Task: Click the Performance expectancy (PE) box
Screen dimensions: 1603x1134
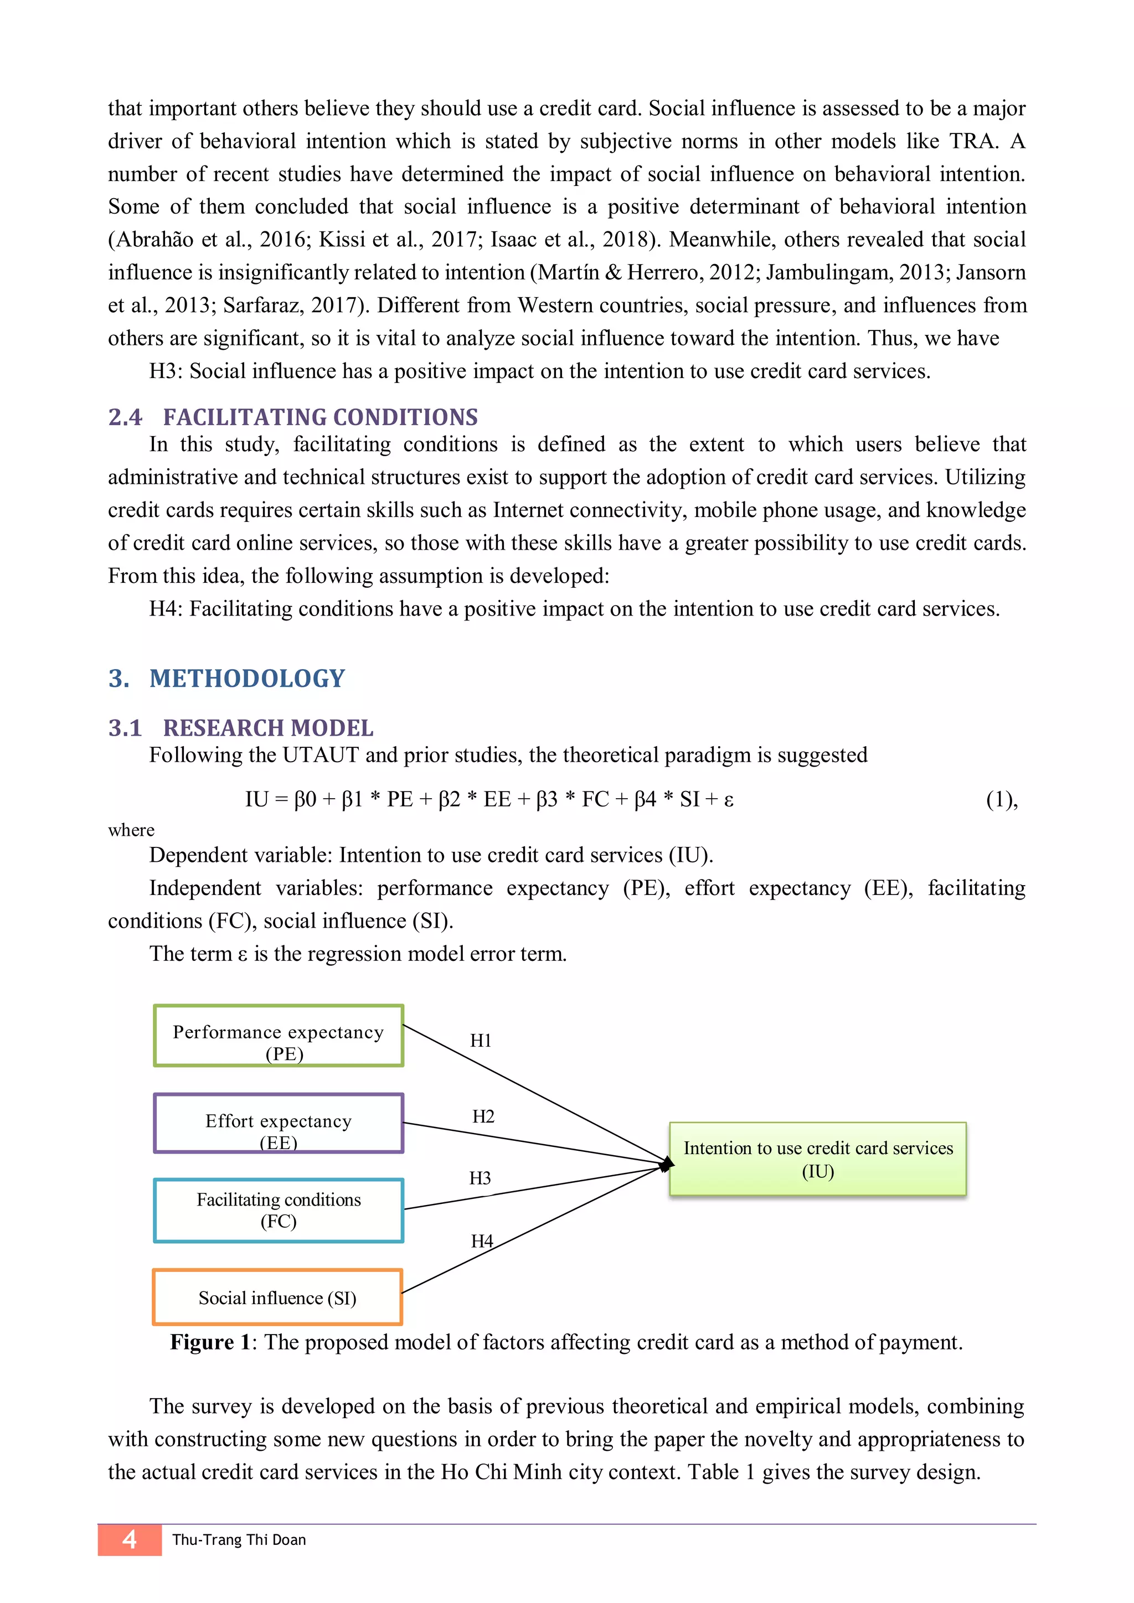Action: (x=279, y=1036)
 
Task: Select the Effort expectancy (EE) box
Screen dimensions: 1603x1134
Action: (x=279, y=1123)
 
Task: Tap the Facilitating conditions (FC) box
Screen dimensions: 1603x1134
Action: (x=279, y=1211)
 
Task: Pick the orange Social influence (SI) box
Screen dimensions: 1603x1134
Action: (x=278, y=1297)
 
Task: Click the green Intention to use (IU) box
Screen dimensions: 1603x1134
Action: (x=818, y=1159)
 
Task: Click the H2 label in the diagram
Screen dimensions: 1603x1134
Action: (x=482, y=1117)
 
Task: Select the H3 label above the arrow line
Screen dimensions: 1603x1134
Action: (x=480, y=1178)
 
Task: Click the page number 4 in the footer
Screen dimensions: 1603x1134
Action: (x=129, y=1539)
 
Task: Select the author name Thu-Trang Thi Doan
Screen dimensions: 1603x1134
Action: (x=239, y=1540)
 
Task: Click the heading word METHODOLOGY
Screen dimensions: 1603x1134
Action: (x=247, y=679)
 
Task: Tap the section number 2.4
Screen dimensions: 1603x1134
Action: (x=125, y=417)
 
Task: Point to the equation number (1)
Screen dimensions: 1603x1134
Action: (x=1001, y=799)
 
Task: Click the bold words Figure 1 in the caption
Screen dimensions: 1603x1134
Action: (x=210, y=1343)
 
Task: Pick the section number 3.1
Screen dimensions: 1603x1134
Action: (x=125, y=728)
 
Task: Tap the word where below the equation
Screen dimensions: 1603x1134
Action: (x=131, y=830)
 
